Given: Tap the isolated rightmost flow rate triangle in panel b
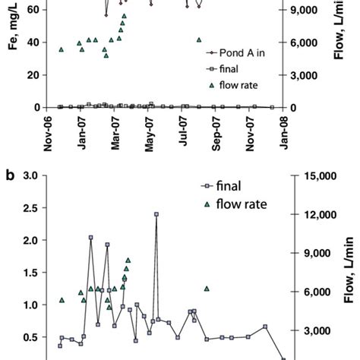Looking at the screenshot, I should (207, 289).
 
